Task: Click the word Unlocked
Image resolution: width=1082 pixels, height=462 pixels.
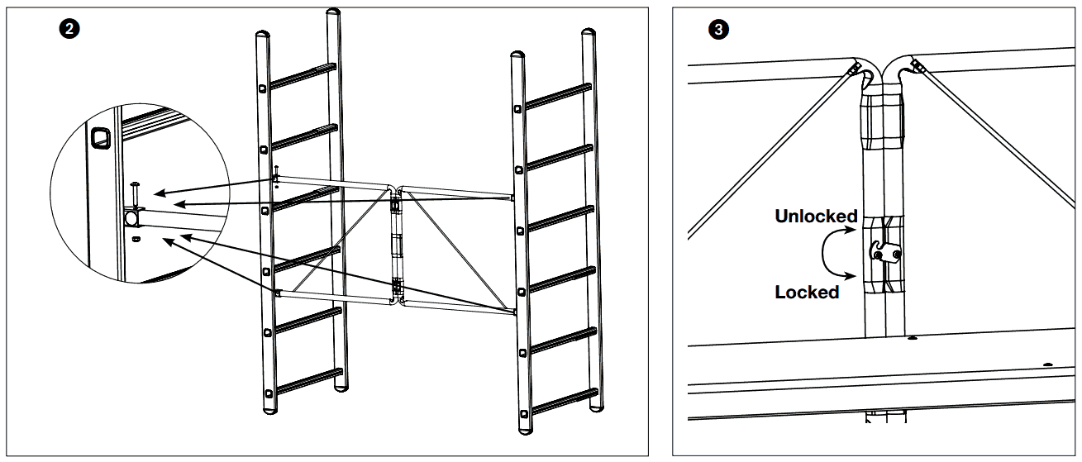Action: click(815, 217)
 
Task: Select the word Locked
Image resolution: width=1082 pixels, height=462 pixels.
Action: click(807, 292)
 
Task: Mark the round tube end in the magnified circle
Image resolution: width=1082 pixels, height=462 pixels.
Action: click(131, 218)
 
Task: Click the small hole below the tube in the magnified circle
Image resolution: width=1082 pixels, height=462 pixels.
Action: click(136, 239)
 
